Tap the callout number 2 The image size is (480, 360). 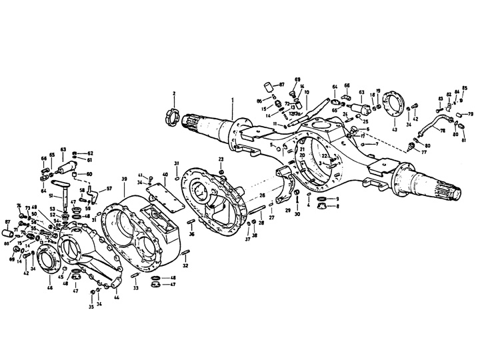click(174, 93)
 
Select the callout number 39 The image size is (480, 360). click(124, 180)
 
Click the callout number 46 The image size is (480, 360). click(49, 288)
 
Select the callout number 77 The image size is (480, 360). click(423, 152)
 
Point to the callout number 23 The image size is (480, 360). click(221, 158)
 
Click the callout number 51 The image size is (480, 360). click(49, 195)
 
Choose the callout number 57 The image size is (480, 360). click(109, 189)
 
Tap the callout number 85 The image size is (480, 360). click(465, 88)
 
